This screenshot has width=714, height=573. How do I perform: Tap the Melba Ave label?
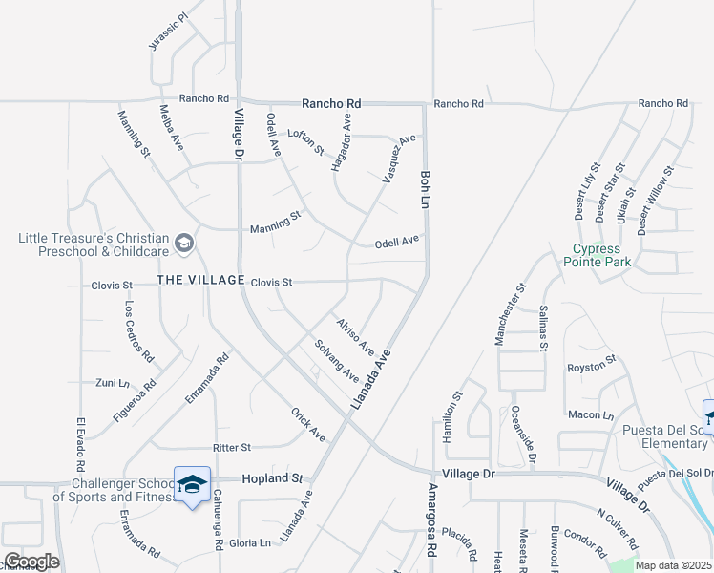tap(171, 127)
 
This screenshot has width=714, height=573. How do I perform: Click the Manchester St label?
tap(509, 313)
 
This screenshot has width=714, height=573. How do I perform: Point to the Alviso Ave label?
tap(354, 333)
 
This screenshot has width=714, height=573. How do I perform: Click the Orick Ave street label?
tap(308, 424)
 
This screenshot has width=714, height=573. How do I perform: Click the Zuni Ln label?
tap(112, 382)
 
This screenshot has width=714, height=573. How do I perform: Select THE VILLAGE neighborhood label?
tap(200, 280)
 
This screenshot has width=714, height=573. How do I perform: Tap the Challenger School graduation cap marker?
tap(192, 485)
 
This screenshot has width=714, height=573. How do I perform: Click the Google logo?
tap(31, 562)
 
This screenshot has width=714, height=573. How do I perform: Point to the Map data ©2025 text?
tap(673, 565)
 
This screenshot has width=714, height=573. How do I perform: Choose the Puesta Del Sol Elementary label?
tap(663, 435)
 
